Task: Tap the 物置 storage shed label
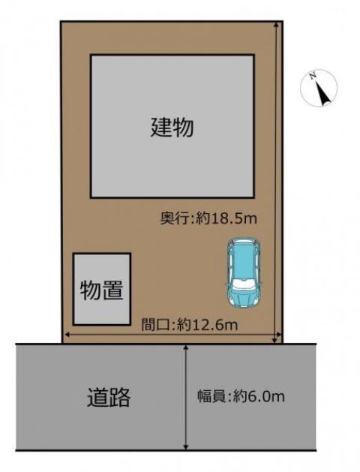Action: point(101,290)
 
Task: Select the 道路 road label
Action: point(108,396)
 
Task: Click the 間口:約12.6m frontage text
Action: point(189,325)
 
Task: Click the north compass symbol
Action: point(319,89)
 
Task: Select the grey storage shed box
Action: point(101,290)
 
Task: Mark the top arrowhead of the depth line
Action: point(278,25)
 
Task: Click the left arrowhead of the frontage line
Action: point(67,334)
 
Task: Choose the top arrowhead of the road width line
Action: point(186,347)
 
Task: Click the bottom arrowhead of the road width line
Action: point(186,447)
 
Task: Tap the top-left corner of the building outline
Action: point(91,56)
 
